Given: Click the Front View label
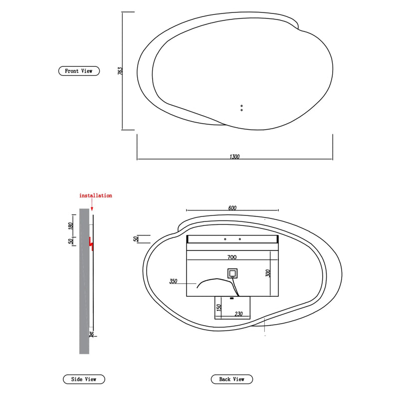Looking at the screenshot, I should tap(79, 71).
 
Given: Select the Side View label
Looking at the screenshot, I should tap(84, 379).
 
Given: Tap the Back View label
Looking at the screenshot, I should tap(232, 379).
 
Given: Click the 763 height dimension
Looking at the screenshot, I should tap(120, 71).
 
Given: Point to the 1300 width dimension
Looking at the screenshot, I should tap(234, 157).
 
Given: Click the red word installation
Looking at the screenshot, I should tap(96, 196).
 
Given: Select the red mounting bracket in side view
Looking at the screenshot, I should tap(91, 243).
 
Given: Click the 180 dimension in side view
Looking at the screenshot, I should tap(72, 226).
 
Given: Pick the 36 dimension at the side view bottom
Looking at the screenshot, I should tap(91, 335).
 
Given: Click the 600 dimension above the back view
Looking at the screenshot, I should tap(232, 208).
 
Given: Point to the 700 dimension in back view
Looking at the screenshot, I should tap(231, 257).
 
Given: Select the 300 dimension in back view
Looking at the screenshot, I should tap(268, 273).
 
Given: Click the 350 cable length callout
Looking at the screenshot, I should tap(173, 282).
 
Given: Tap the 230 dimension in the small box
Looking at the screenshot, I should tap(238, 314).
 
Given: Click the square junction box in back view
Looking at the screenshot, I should tap(232, 273).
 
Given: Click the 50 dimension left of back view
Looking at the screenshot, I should tap(135, 239).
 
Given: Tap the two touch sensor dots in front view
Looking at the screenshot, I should tap(241, 108).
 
